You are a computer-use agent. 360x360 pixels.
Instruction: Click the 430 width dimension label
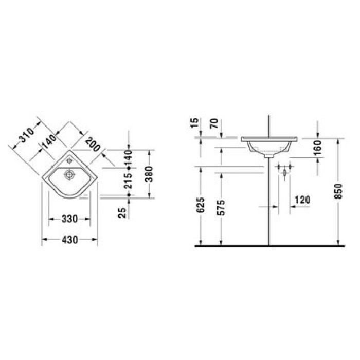70,240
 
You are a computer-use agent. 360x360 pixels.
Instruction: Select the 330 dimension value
69,219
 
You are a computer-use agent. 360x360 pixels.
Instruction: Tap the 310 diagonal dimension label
26,135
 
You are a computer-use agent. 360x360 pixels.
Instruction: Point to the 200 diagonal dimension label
93,144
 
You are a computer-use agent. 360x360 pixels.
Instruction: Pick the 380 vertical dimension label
149,174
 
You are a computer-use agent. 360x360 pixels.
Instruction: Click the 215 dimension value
129,181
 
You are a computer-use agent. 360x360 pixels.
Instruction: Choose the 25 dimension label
122,212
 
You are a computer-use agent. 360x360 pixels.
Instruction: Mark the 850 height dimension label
338,191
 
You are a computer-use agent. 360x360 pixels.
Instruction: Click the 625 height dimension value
201,205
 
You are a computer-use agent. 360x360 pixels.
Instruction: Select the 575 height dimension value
222,208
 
